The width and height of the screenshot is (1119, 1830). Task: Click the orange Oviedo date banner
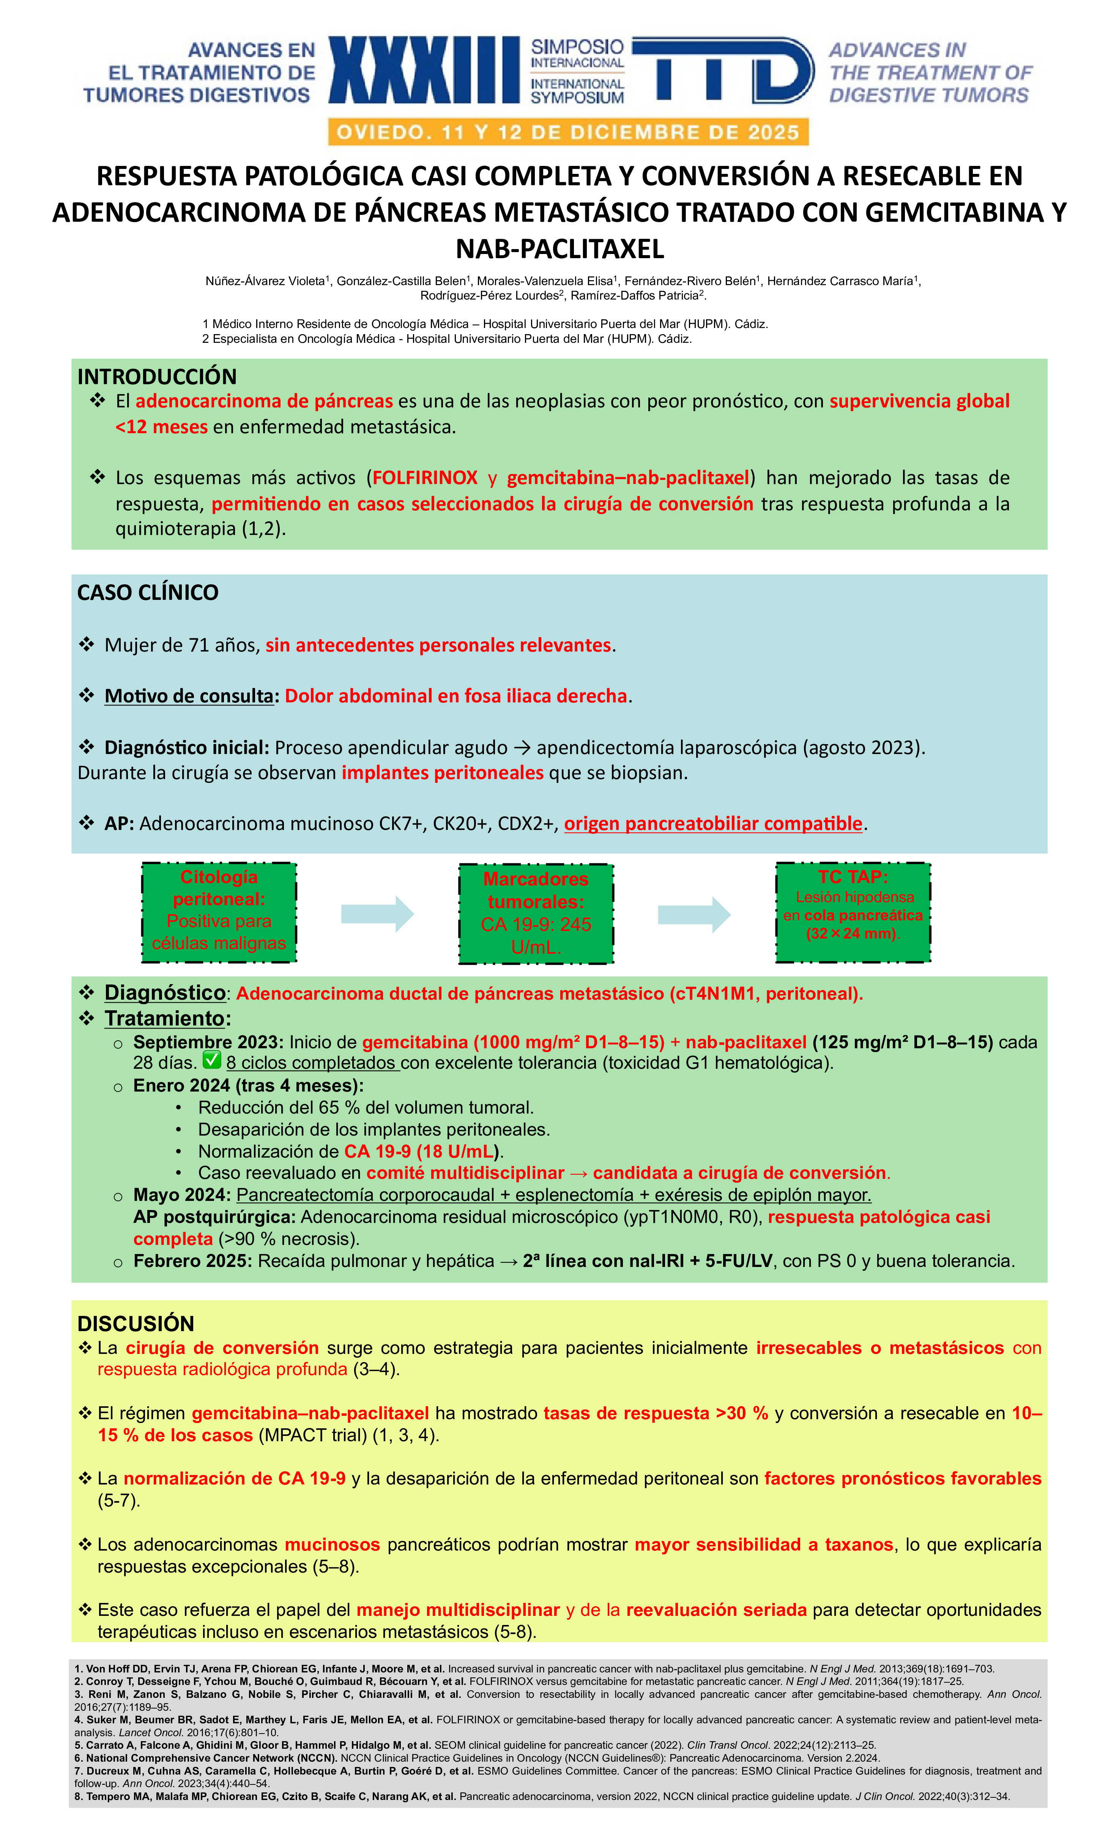point(568,132)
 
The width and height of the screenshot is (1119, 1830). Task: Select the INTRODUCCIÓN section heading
point(157,377)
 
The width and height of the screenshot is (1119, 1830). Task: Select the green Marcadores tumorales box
point(536,913)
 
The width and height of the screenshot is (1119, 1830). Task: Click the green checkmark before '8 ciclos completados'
point(212,1059)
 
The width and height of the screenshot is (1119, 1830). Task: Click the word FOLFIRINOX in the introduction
point(425,478)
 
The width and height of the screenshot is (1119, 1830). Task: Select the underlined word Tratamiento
point(164,1018)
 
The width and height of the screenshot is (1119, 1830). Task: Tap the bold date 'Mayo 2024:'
point(182,1195)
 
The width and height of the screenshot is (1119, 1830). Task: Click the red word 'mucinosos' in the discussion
point(332,1545)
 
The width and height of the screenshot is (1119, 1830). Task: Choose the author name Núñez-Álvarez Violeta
point(265,281)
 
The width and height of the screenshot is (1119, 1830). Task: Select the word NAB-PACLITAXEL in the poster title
point(560,249)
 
